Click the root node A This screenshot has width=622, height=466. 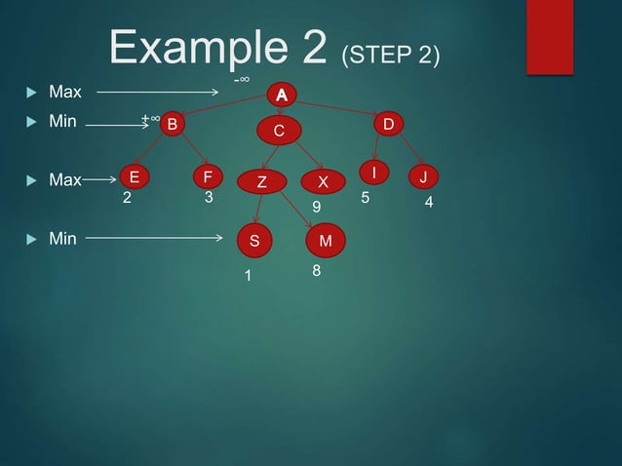[281, 95]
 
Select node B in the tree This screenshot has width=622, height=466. [173, 124]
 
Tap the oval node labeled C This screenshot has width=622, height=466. [278, 131]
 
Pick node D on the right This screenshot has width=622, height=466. [388, 124]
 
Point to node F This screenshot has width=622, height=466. [207, 177]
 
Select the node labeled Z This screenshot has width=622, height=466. [261, 181]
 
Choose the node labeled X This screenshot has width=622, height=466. [323, 181]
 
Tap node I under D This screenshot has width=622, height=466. [372, 173]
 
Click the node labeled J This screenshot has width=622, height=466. [423, 177]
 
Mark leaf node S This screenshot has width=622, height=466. [253, 240]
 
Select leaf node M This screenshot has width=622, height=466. [325, 240]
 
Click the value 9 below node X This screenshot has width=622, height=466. [315, 208]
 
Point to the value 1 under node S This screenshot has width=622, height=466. [248, 277]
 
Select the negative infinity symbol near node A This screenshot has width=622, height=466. [241, 79]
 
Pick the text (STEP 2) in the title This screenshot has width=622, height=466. [389, 54]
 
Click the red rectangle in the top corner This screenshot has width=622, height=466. [549, 36]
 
